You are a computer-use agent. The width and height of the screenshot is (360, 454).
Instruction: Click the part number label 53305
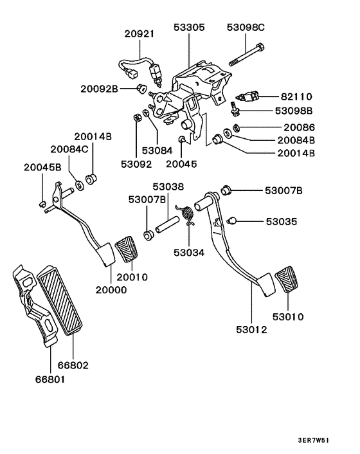click(x=189, y=28)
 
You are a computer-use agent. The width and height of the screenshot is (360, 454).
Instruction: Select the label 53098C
click(x=246, y=28)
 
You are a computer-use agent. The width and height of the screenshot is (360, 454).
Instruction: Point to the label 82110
click(x=296, y=96)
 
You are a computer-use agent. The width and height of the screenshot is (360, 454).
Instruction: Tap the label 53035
click(x=282, y=222)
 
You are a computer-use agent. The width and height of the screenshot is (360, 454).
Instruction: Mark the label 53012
click(x=251, y=330)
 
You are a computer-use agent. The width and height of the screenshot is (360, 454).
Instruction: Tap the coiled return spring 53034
click(x=188, y=215)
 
